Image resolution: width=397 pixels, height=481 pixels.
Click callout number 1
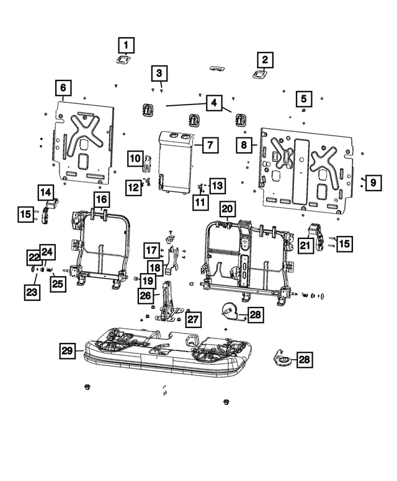tap(126, 45)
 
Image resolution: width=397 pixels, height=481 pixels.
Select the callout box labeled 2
tap(265, 60)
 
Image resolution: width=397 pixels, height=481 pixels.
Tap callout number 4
tap(213, 103)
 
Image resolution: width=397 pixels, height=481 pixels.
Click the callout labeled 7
tap(209, 145)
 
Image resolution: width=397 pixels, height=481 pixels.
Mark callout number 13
tap(216, 185)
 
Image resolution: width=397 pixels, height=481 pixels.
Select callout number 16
tap(101, 199)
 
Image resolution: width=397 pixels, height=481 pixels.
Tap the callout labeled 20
tap(228, 209)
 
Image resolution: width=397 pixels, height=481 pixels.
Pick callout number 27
tap(194, 319)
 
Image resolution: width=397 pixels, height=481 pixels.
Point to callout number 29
tap(68, 352)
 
